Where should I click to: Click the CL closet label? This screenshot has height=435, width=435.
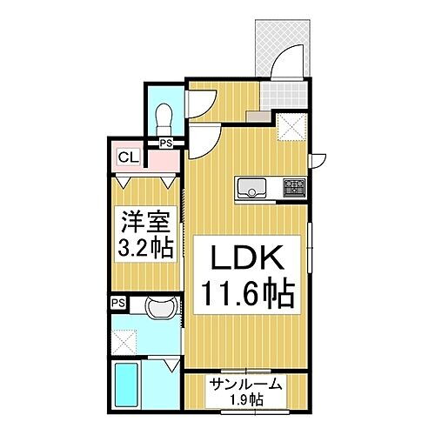[x=127, y=157]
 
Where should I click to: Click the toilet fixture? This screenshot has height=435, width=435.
[x=164, y=115]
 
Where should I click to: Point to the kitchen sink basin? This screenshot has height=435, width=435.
[x=251, y=186]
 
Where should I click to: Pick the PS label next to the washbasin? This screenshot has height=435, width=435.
[x=118, y=303]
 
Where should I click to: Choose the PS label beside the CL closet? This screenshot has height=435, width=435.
[x=165, y=144]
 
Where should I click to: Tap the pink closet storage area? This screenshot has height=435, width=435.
[x=161, y=159]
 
